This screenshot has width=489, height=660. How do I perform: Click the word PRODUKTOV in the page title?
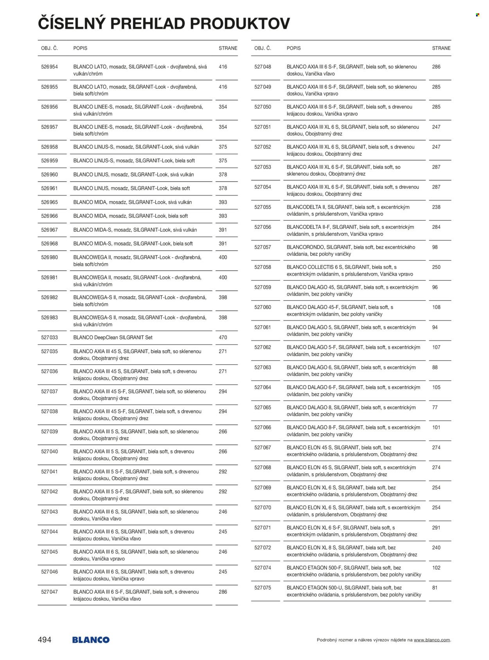(x=240, y=24)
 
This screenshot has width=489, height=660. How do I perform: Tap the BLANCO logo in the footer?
(x=91, y=640)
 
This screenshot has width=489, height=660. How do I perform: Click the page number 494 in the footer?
(x=45, y=640)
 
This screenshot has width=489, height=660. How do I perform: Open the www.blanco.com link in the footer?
(x=431, y=640)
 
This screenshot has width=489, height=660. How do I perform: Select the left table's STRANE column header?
(x=228, y=48)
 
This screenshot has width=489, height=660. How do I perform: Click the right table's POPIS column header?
(x=293, y=48)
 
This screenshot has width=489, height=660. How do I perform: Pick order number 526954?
(x=49, y=67)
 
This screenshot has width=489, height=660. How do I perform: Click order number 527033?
(x=49, y=337)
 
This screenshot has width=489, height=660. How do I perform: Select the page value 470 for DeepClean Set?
(x=223, y=337)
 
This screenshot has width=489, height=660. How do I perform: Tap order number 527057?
(x=262, y=247)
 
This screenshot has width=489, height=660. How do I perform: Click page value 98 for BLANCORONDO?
(x=435, y=247)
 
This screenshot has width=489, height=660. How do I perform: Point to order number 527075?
(x=262, y=588)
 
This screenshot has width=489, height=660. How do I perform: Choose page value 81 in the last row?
(x=435, y=588)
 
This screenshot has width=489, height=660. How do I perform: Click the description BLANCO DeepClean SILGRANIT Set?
(x=113, y=337)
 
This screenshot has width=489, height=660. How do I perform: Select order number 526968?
(x=49, y=244)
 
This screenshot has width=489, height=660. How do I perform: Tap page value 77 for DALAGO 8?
(x=435, y=407)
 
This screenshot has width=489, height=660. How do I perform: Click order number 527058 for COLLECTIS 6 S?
(x=262, y=267)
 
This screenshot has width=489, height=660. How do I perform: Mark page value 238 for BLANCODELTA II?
(x=436, y=207)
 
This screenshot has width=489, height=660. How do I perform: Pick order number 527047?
(x=49, y=592)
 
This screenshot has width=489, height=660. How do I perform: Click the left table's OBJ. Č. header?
(x=49, y=48)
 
